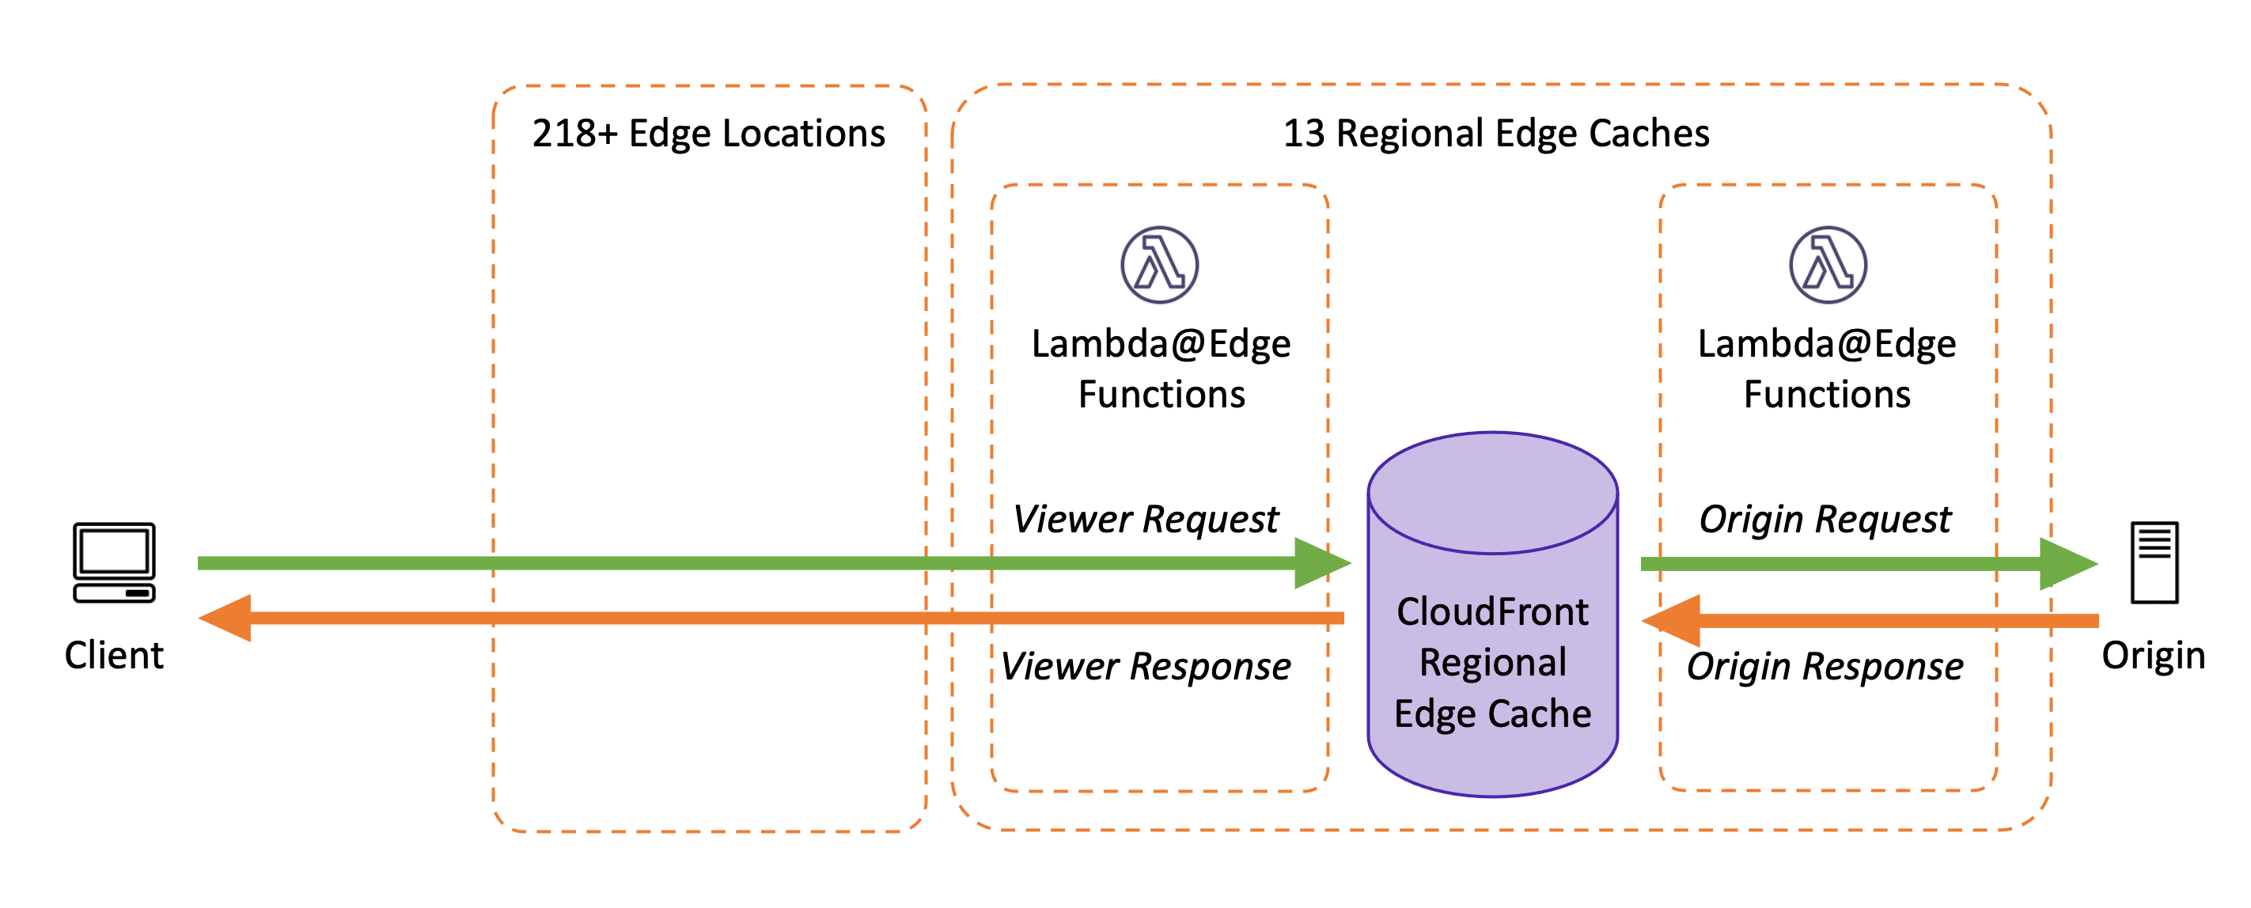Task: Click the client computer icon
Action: pos(114,562)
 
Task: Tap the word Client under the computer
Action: pos(114,656)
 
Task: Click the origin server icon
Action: pos(2154,562)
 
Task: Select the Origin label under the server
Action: pos(2153,656)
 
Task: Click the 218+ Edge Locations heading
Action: pos(708,134)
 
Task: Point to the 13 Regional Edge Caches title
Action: pos(1495,134)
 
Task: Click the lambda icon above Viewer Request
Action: pos(1160,265)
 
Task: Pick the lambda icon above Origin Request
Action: pos(1827,265)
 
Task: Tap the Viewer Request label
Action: pos(1146,519)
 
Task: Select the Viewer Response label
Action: pos(1146,666)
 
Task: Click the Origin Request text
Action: pos(1825,519)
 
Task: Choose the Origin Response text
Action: pos(1825,666)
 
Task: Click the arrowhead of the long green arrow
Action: pos(1321,563)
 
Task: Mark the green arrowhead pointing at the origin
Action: pos(2067,563)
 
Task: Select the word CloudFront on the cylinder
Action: pos(1492,611)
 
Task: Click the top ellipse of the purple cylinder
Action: pos(1492,492)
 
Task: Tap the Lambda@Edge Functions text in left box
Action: pos(1161,369)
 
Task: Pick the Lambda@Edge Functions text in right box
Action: pos(1826,369)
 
